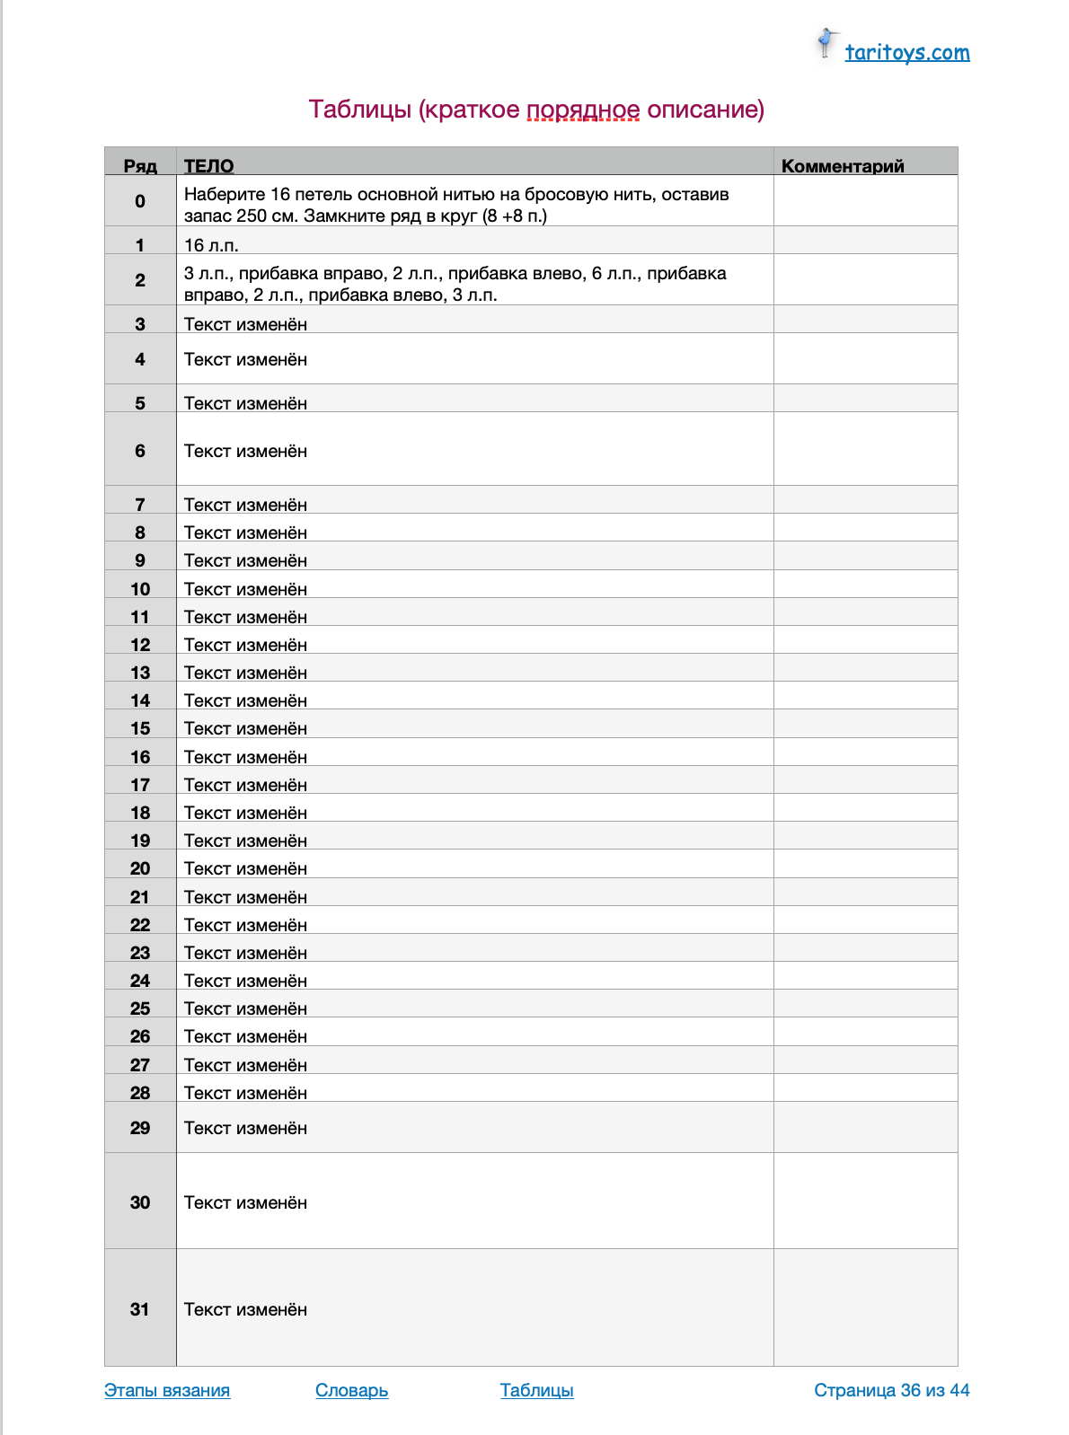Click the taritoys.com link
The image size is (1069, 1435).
click(906, 52)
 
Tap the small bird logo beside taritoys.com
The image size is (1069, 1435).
click(826, 42)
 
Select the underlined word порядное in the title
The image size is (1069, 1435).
click(583, 110)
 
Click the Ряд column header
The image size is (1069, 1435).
click(140, 165)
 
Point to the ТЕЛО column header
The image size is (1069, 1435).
click(208, 165)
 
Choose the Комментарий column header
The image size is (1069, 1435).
click(843, 165)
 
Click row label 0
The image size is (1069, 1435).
click(140, 201)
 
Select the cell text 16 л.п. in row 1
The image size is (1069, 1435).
click(211, 245)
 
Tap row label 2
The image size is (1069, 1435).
click(140, 280)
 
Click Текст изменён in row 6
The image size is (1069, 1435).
click(245, 451)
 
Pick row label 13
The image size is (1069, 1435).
click(140, 673)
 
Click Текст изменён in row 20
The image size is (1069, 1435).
click(245, 868)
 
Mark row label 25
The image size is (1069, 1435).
click(140, 1008)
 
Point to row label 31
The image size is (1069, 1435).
click(140, 1309)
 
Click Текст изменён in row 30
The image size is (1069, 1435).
click(245, 1202)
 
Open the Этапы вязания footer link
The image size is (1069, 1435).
click(167, 1390)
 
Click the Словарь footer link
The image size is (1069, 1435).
click(351, 1390)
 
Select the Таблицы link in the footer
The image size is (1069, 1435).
click(536, 1390)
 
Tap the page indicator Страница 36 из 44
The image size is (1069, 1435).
click(891, 1390)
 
